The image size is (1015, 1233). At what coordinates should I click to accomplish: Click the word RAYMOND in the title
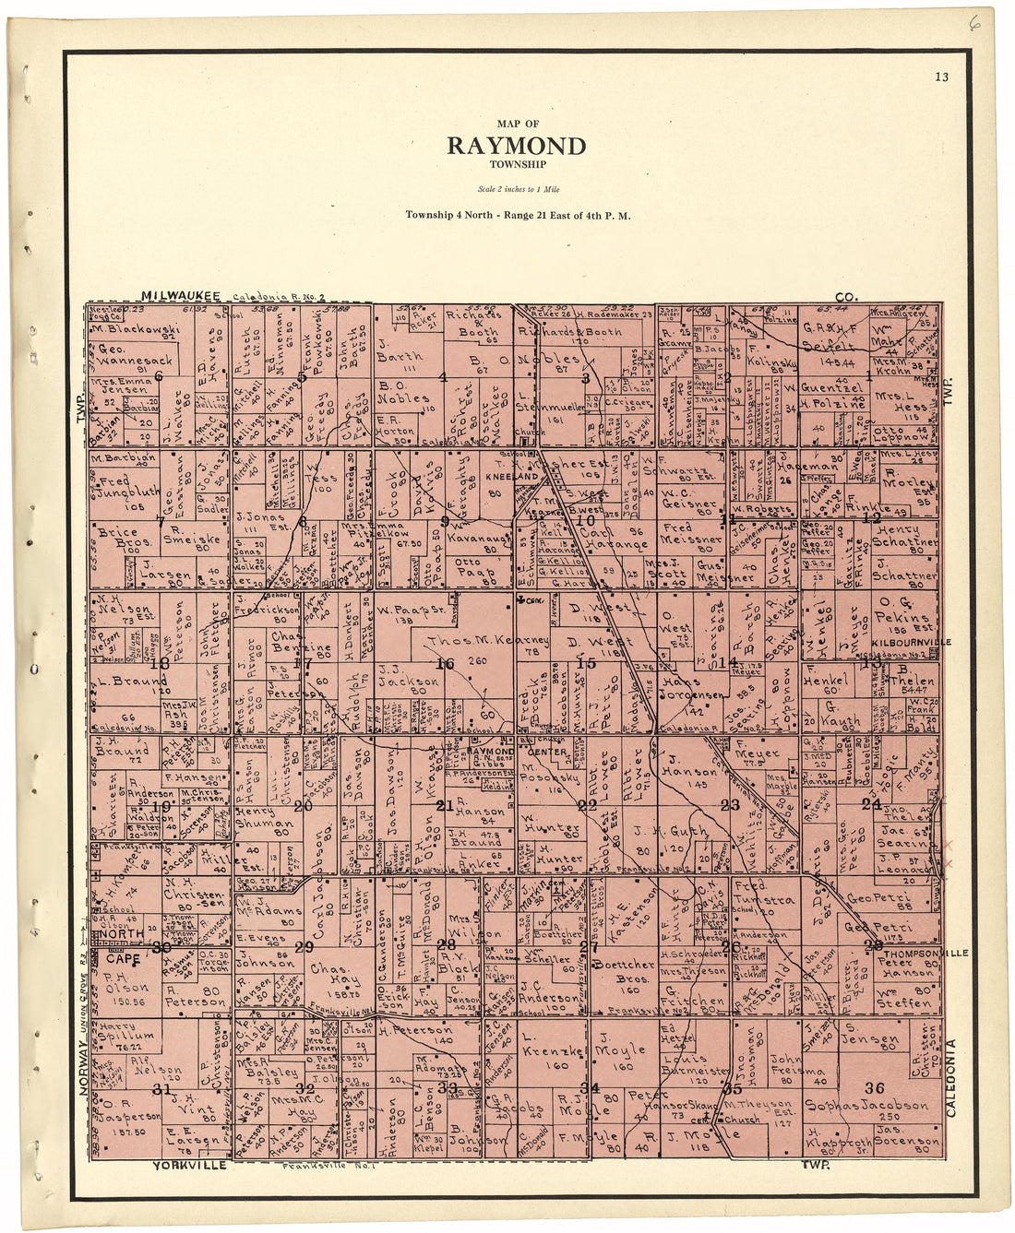pyautogui.click(x=517, y=147)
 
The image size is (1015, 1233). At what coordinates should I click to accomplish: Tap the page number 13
pyautogui.click(x=940, y=77)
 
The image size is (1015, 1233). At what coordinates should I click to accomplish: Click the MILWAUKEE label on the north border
pyautogui.click(x=180, y=295)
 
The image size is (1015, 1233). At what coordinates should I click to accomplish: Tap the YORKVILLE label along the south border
pyautogui.click(x=189, y=1166)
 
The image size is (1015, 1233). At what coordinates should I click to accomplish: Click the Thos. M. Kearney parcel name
pyautogui.click(x=487, y=640)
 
